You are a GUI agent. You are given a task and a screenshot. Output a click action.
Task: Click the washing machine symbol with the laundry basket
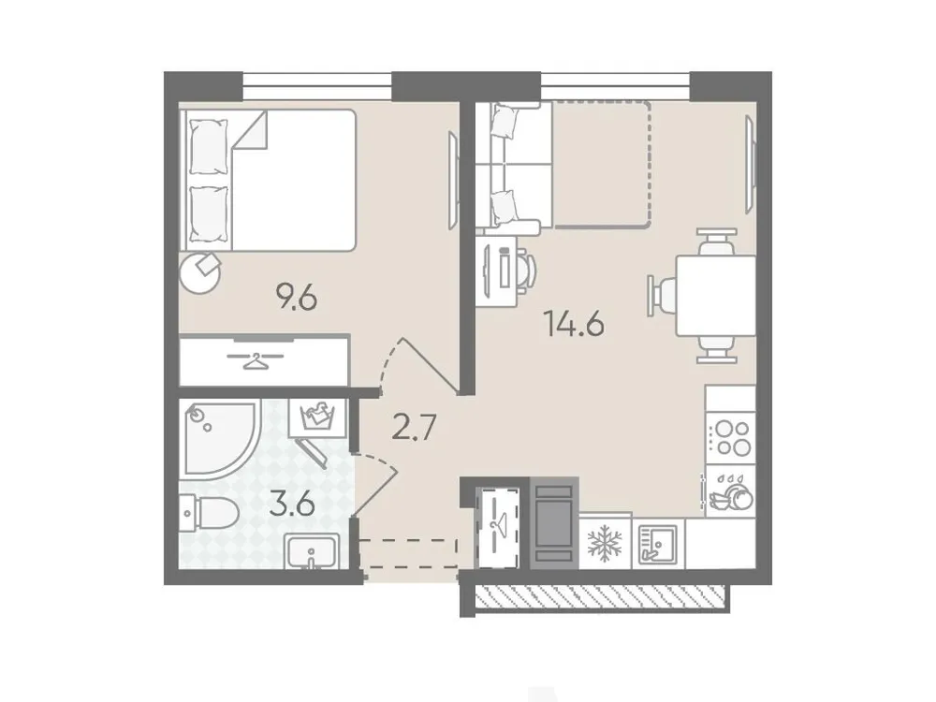click(x=318, y=416)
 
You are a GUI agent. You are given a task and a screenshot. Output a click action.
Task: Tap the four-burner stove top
click(x=731, y=438)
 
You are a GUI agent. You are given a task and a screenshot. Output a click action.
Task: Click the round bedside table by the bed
click(x=202, y=270)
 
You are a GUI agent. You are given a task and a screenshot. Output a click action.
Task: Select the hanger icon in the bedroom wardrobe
click(x=254, y=359)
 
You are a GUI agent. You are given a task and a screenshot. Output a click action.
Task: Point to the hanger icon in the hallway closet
click(x=497, y=521)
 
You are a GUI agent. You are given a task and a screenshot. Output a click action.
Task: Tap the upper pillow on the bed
click(x=209, y=148)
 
